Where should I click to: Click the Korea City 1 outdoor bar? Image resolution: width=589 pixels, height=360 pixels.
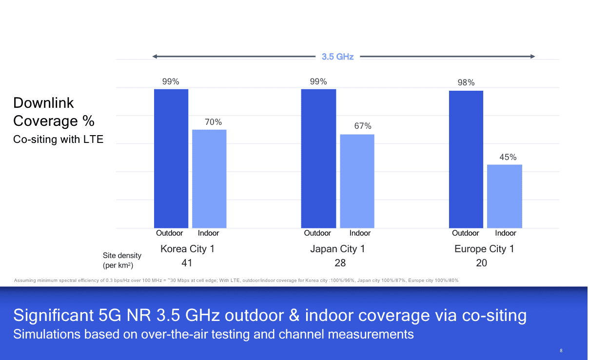point(171,159)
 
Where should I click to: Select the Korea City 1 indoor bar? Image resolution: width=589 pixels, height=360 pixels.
point(209,179)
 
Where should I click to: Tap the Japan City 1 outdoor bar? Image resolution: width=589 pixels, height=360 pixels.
point(318,159)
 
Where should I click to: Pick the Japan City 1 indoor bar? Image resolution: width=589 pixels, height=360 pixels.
point(357,181)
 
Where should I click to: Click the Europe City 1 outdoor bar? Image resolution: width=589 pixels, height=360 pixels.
point(466,159)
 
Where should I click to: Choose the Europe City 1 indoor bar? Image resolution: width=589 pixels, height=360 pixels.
point(505,196)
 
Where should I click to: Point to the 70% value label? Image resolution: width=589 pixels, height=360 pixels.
point(213,122)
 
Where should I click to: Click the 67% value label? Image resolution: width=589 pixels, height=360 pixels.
point(363,126)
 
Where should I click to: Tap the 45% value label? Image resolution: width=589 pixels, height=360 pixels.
point(508,157)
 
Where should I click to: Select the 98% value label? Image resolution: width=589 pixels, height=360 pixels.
point(466,83)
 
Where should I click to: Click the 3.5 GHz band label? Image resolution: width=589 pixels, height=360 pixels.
point(337,57)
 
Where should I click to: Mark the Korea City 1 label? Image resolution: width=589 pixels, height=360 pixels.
point(187,249)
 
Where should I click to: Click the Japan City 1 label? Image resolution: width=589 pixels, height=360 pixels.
point(337,249)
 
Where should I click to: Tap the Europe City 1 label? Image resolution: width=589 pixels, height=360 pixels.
point(484,249)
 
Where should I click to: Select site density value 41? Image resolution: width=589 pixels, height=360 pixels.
point(186,263)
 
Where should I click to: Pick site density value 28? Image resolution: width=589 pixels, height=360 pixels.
point(340,263)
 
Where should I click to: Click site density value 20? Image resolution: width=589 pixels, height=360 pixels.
point(481,263)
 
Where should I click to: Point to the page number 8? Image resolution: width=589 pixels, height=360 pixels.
point(561,351)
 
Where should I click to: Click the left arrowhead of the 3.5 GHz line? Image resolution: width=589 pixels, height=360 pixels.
point(155,57)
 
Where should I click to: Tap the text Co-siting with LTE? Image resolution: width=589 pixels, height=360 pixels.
point(59,140)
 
